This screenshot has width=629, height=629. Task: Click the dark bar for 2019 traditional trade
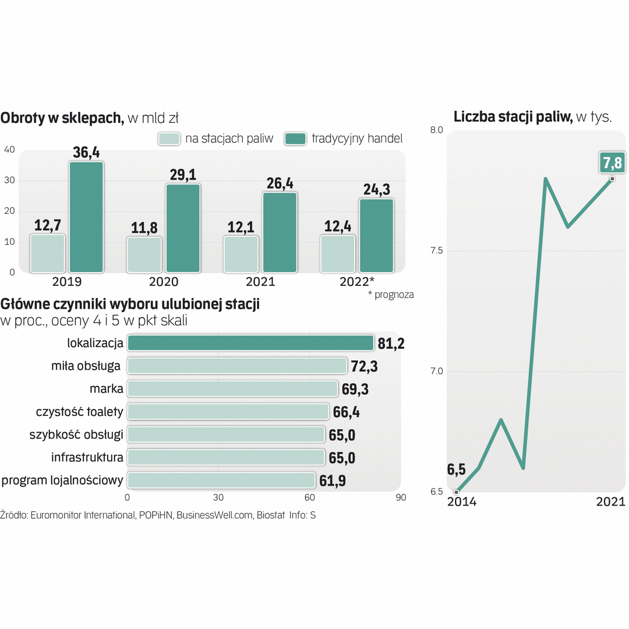tap(86, 217)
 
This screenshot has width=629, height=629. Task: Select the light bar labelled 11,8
tap(144, 255)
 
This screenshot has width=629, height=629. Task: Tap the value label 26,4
tap(280, 183)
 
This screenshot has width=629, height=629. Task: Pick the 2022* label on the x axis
tap(356, 281)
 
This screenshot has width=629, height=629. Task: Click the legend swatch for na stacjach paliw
tap(169, 139)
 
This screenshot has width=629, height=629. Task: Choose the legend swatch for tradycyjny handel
tap(295, 139)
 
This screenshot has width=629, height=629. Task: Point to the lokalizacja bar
tap(250, 343)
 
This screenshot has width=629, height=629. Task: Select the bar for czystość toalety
tap(228, 412)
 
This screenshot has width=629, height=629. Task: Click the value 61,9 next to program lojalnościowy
tap(333, 480)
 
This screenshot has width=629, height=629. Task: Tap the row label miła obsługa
tap(86, 366)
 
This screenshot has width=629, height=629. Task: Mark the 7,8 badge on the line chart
tap(612, 162)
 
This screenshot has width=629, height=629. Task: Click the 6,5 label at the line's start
tap(457, 469)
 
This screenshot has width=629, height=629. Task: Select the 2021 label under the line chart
tap(610, 502)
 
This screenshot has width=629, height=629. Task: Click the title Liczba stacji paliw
tap(513, 117)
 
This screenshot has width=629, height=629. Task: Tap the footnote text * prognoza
tap(390, 295)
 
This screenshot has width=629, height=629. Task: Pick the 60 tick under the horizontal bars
tap(310, 498)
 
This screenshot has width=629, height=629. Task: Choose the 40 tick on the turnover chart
tap(9, 150)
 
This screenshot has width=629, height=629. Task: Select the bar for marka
tap(232, 389)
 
